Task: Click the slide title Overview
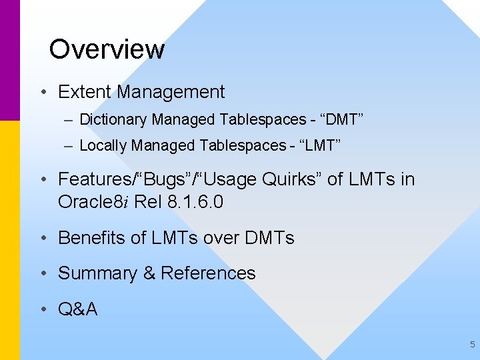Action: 107,49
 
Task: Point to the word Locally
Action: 103,145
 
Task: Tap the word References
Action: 208,273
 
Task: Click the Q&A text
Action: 78,309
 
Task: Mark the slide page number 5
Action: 472,345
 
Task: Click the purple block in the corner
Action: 9,60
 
